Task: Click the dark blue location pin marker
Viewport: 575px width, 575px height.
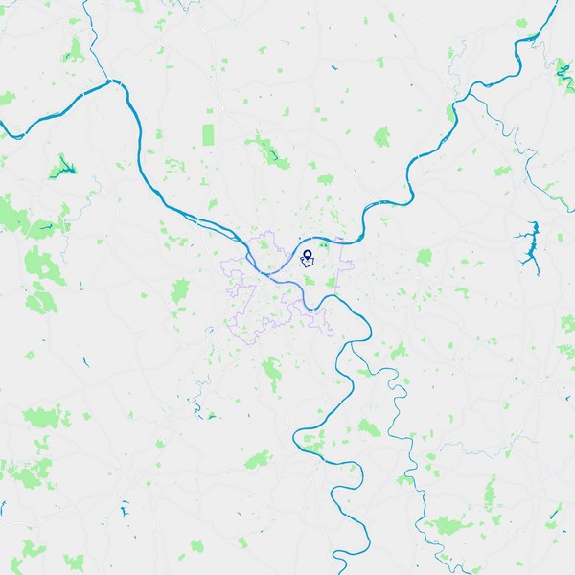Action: point(308,256)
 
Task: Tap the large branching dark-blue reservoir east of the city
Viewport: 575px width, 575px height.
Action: point(528,243)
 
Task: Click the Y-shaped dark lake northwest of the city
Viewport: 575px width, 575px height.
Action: point(63,167)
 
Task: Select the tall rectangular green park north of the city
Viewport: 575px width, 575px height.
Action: point(209,135)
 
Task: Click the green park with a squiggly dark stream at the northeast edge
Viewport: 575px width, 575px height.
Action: point(563,69)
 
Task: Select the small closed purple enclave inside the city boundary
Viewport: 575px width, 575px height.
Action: point(307,263)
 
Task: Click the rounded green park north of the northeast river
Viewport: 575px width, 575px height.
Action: point(382,136)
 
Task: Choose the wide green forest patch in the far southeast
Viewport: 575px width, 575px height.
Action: point(445,525)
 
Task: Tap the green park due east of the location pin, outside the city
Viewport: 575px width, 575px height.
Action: point(424,257)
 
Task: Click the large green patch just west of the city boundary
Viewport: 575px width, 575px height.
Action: point(181,289)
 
